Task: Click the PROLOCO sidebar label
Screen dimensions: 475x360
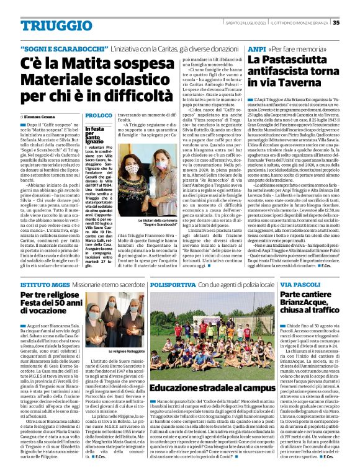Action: (x=99, y=116)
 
